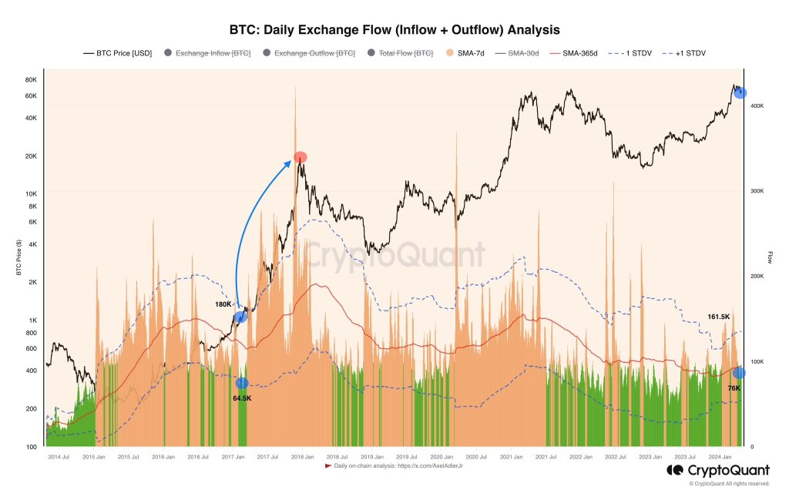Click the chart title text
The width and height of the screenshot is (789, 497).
pyautogui.click(x=394, y=29)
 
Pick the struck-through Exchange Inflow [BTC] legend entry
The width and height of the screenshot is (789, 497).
pyautogui.click(x=208, y=53)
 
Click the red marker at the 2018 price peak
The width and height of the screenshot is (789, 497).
pyautogui.click(x=300, y=157)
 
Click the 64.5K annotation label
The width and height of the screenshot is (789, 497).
pyautogui.click(x=242, y=398)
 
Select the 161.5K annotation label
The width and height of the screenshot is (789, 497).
pyautogui.click(x=718, y=317)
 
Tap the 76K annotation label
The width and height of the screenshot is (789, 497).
pyautogui.click(x=734, y=388)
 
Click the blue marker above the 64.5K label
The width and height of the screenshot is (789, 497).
pyautogui.click(x=242, y=383)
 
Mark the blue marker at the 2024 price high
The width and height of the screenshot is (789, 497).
pyautogui.click(x=740, y=92)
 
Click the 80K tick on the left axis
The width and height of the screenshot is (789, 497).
pyautogui.click(x=31, y=80)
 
